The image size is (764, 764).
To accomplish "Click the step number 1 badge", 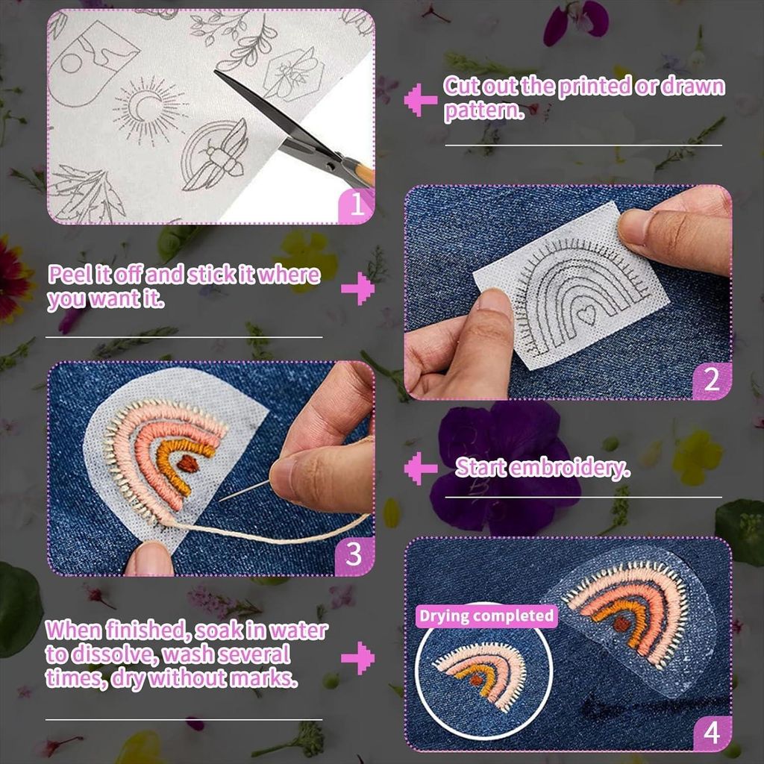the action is (x=356, y=205).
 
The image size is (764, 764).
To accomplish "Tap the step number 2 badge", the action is (x=712, y=380).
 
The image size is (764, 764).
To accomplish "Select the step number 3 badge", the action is (x=354, y=555).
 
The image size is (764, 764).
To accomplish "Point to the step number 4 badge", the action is (x=712, y=733).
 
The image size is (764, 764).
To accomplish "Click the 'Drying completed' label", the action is (x=486, y=616).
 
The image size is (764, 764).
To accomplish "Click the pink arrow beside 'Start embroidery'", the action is (x=421, y=468).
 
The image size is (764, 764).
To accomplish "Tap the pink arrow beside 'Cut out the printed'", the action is (x=421, y=99).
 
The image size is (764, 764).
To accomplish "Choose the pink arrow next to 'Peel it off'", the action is (x=358, y=289).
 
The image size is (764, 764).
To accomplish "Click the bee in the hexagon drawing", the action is (x=292, y=77).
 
